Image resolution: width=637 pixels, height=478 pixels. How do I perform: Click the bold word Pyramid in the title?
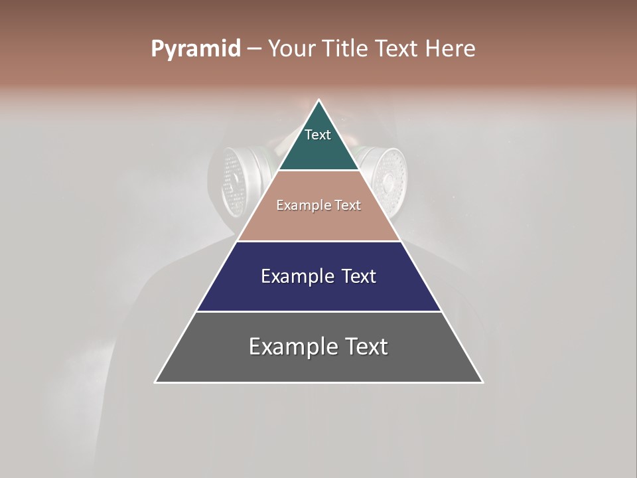click(x=196, y=49)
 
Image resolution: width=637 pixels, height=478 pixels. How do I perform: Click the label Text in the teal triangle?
click(x=318, y=135)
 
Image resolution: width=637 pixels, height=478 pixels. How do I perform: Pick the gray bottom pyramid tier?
click(x=318, y=365)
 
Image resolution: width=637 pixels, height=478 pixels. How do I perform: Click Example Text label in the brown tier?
click(x=318, y=205)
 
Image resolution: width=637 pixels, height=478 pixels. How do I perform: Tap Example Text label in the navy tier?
click(x=318, y=276)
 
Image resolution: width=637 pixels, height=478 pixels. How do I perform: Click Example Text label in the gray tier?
click(x=318, y=347)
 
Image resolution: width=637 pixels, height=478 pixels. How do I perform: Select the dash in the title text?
click(x=254, y=49)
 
